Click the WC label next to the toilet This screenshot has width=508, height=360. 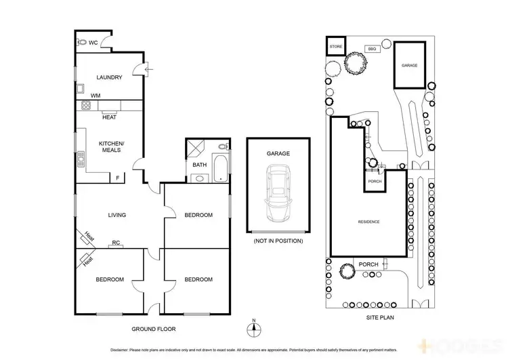point(93,42)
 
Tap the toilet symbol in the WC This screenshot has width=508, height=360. point(82,42)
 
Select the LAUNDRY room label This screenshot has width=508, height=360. point(109,77)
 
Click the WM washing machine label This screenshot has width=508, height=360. point(96,96)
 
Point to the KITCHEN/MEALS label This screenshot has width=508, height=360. point(110,146)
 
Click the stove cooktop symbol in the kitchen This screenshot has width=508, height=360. point(86,105)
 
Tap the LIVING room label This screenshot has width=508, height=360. point(117,216)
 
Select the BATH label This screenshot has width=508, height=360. point(199,165)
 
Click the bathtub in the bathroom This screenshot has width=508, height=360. point(220,169)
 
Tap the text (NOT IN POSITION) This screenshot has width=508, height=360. point(278,241)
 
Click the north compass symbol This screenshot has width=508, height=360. point(253,330)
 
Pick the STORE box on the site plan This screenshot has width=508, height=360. point(336,46)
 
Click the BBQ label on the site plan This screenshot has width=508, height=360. point(371,49)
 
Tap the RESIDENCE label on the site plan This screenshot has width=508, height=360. point(368,222)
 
